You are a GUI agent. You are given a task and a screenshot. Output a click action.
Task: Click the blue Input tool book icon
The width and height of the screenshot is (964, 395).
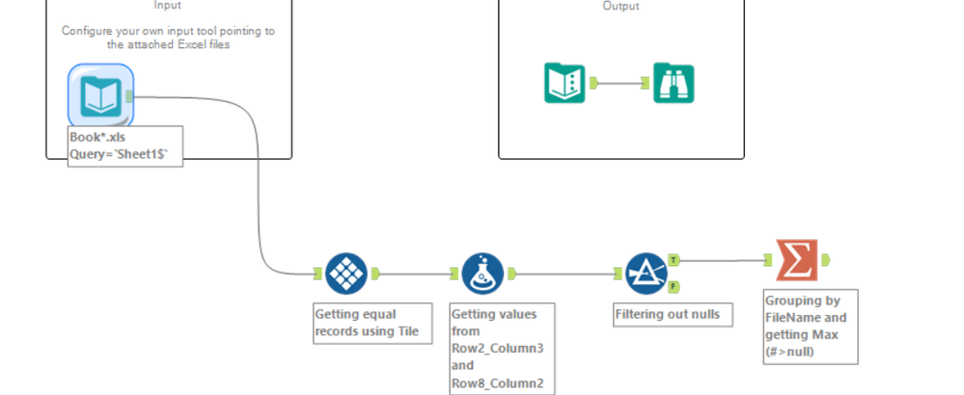(100, 96)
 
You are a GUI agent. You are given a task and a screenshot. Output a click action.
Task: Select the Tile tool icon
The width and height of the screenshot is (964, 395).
(346, 274)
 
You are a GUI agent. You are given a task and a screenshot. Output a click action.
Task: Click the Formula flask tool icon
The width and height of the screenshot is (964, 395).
(482, 274)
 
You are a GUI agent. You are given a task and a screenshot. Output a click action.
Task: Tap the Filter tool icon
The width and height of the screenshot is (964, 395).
(647, 274)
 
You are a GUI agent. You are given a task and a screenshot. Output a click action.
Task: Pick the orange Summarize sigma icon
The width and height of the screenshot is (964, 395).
(797, 260)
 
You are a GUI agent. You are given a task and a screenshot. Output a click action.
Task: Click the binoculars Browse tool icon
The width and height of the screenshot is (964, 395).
(674, 83)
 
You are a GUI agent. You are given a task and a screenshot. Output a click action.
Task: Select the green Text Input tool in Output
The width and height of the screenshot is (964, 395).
(565, 83)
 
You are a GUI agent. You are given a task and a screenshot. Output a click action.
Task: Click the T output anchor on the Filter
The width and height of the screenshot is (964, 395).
(674, 260)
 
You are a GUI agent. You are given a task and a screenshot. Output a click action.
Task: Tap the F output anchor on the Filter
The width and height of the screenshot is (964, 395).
(674, 286)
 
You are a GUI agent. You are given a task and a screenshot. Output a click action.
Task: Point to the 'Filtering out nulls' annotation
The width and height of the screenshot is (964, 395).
(673, 315)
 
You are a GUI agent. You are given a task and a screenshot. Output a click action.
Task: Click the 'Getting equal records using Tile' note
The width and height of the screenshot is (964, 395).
(372, 324)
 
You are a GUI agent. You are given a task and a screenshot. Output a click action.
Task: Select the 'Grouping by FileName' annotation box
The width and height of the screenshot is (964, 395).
(811, 327)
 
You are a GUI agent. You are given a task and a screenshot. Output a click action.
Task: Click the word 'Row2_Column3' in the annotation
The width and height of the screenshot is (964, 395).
(498, 349)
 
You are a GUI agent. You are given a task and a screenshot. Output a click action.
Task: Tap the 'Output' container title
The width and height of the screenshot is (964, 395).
(620, 6)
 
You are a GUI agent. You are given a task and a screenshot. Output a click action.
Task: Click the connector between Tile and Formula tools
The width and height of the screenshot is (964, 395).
(415, 274)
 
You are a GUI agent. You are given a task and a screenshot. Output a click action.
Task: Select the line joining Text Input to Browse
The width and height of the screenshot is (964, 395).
(620, 83)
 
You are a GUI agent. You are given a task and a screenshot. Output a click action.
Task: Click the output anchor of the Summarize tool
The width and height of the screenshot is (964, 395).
(826, 260)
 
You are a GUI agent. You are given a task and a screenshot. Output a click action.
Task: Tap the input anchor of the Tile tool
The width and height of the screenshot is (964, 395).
(317, 274)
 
